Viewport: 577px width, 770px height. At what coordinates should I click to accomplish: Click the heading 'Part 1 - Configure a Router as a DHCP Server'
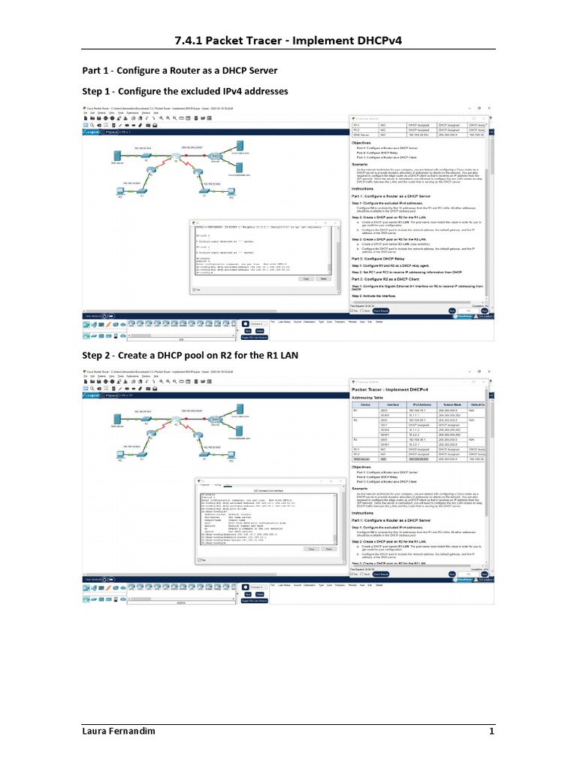click(x=180, y=70)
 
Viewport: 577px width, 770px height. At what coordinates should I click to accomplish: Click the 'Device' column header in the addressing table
click(x=365, y=405)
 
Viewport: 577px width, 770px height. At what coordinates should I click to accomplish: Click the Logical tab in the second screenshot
click(x=92, y=394)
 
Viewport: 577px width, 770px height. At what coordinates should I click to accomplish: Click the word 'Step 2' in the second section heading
click(x=98, y=353)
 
